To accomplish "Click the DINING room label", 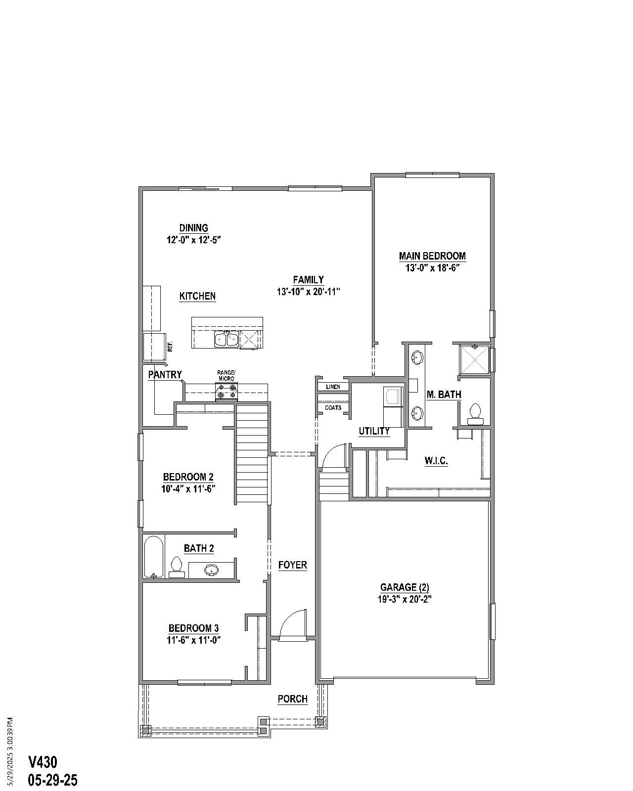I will point(193,228).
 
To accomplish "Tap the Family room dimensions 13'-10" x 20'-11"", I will point(308,292).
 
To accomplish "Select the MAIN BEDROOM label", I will point(432,256).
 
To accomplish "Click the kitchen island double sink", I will point(226,340).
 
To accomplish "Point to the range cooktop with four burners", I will point(226,391).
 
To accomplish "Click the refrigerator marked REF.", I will point(154,347).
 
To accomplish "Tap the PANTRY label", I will point(165,375).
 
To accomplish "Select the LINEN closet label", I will point(333,387).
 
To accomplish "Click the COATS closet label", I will point(333,408).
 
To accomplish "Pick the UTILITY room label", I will point(374,431).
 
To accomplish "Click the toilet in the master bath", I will point(475,414).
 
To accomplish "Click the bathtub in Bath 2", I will point(154,557).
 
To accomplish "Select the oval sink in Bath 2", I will point(212,570).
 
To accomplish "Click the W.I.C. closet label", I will point(436,461).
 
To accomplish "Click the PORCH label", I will point(292,699).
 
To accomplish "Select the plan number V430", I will point(43,762).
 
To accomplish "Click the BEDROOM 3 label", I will point(193,628).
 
